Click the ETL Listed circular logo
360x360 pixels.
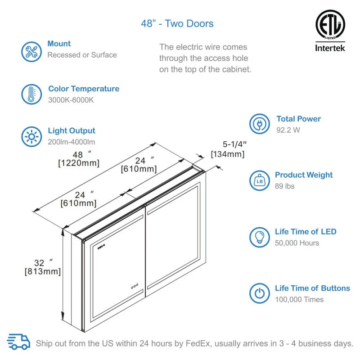coord(330,25)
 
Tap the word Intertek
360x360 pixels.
coord(330,48)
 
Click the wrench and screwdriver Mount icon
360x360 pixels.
coord(31,52)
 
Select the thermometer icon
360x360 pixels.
coord(31,94)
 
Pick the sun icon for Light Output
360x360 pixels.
coord(31,137)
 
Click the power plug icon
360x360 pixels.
coord(260,124)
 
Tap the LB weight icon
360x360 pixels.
coord(260,180)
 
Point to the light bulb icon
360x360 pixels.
coord(260,237)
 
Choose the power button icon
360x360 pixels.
coord(260,293)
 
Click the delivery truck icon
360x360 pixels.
coord(18,342)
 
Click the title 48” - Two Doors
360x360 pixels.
coord(177,23)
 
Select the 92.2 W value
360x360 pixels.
coord(288,130)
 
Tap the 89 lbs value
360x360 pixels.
coord(285,186)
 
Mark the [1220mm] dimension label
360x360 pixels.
coord(79,163)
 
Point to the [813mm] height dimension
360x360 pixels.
coord(43,271)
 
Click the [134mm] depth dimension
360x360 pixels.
coord(228,154)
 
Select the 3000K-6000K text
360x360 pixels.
coord(71,100)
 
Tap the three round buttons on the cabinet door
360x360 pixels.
coord(135,286)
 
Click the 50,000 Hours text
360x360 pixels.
coord(297,243)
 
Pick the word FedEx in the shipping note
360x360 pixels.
coord(198,343)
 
